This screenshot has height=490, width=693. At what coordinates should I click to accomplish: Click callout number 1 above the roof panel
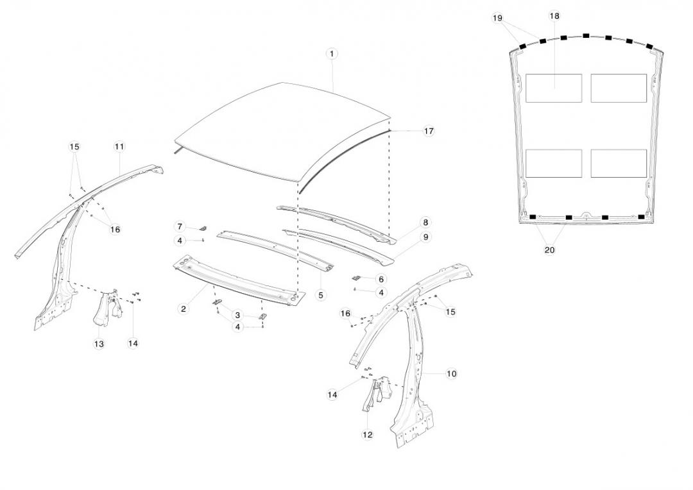click(x=332, y=54)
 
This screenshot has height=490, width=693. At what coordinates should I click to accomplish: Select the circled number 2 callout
click(x=184, y=308)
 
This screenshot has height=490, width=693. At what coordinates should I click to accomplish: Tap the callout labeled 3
click(x=237, y=315)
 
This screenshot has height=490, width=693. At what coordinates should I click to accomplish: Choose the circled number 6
click(x=381, y=279)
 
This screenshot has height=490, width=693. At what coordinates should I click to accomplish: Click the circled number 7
click(x=180, y=226)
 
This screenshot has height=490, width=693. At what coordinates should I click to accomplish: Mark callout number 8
click(x=425, y=223)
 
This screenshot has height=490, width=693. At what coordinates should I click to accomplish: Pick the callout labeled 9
click(x=425, y=237)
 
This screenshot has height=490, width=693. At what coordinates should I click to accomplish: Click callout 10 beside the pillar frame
click(x=452, y=373)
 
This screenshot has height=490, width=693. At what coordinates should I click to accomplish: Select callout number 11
click(x=119, y=147)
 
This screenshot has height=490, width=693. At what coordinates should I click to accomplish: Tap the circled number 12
click(x=367, y=434)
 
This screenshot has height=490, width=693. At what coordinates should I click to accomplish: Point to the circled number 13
click(x=99, y=344)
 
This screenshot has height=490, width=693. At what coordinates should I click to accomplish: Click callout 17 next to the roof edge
click(x=429, y=131)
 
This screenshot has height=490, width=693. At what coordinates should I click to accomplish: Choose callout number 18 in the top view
click(x=554, y=15)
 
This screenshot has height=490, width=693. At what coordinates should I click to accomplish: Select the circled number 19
click(x=498, y=18)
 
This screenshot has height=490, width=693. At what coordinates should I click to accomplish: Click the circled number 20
click(x=549, y=250)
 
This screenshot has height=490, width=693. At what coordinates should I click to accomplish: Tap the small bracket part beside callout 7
click(x=203, y=227)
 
